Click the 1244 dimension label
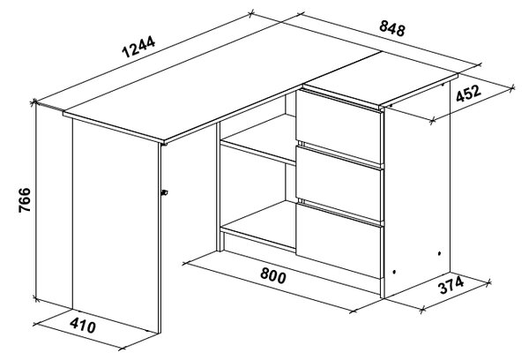138,47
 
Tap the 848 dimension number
392,28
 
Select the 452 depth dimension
468,94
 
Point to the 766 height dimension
25,200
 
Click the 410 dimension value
83,326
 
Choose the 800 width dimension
273,275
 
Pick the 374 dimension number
451,285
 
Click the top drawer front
339,127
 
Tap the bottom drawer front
339,241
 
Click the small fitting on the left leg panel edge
165,193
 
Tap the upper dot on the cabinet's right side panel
439,253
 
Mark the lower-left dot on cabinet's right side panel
394,272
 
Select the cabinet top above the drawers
381,79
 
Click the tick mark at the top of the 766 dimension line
34,101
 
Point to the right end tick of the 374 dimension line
488,282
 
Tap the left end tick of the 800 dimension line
184,263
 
